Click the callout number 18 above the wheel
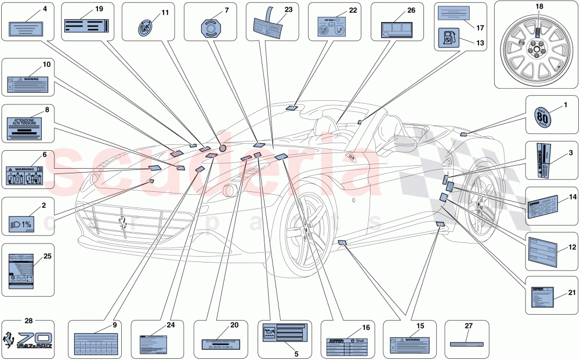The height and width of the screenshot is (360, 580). (538, 6)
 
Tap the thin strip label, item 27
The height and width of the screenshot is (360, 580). (466, 342)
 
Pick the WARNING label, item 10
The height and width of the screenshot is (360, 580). (28, 85)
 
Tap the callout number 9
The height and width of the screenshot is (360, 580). (115, 325)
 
